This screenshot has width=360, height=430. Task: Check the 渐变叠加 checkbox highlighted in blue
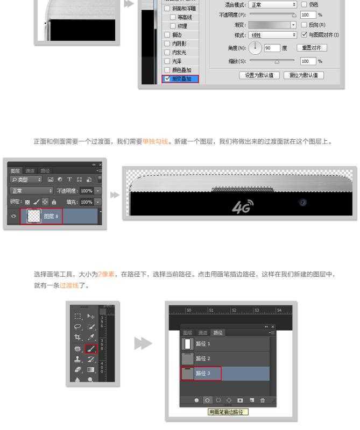click(167, 79)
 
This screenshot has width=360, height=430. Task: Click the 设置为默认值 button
click(259, 75)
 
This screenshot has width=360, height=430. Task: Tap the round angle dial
click(256, 48)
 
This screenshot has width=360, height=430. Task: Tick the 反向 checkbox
click(305, 25)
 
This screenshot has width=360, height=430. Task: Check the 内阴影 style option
click(167, 43)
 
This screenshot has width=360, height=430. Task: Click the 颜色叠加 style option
click(167, 70)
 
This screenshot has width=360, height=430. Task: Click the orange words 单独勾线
click(156, 142)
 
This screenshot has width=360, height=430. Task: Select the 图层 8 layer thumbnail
click(34, 217)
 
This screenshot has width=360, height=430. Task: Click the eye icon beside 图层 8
click(14, 217)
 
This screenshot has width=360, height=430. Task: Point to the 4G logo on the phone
click(242, 206)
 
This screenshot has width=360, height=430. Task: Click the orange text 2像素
click(105, 275)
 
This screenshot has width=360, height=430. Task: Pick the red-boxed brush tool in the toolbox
click(90, 349)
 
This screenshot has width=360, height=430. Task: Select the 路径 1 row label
click(203, 343)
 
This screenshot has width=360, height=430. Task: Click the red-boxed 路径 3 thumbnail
click(188, 373)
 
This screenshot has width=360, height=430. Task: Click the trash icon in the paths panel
click(263, 400)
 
